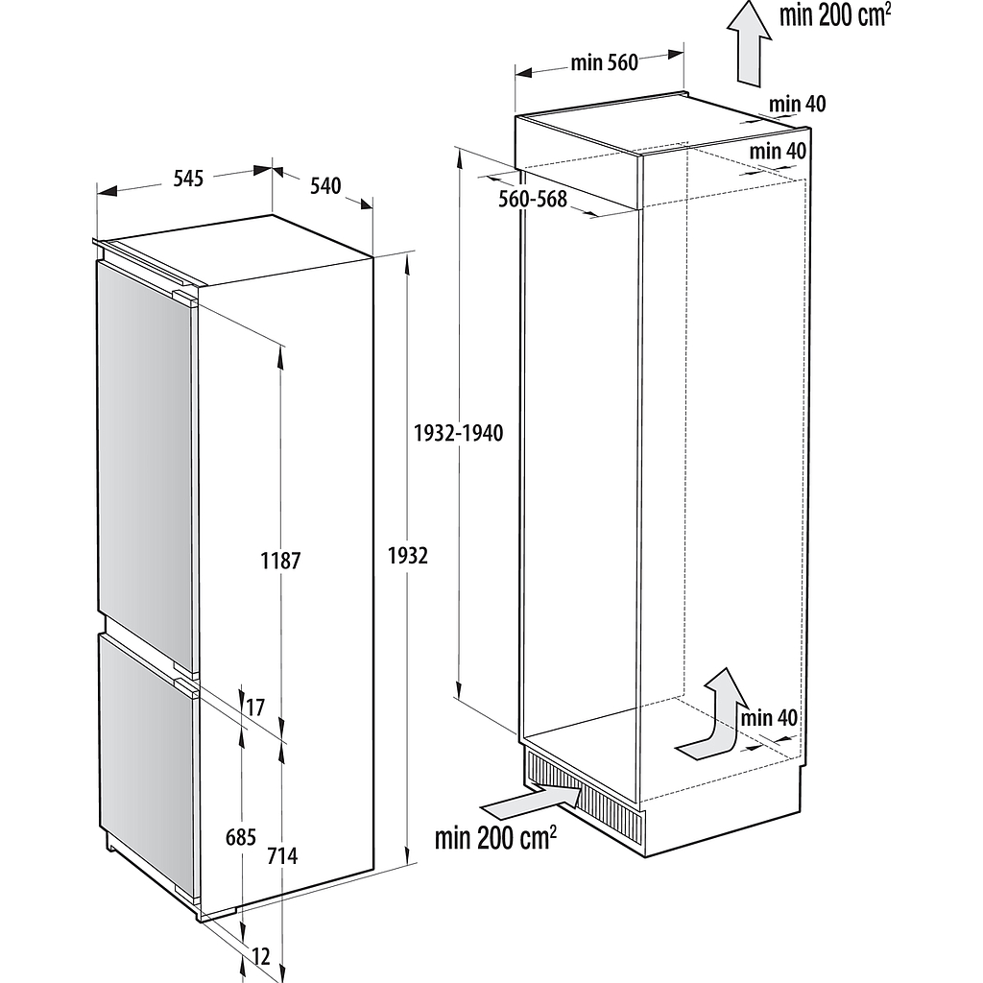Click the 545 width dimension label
[x=188, y=179]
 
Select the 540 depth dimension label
[x=325, y=185]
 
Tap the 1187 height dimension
[x=281, y=561]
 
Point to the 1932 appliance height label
[x=408, y=556]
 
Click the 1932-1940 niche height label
[x=459, y=433]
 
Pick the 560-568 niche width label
[x=533, y=199]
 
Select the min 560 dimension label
[x=605, y=62]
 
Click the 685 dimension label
[x=241, y=837]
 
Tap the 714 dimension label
[x=282, y=855]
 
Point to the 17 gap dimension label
[x=255, y=707]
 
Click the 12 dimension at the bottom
[x=261, y=957]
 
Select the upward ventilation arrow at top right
[x=749, y=42]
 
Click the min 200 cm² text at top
[x=835, y=15]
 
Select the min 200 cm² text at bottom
[x=495, y=837]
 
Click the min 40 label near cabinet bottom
[x=769, y=718]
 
